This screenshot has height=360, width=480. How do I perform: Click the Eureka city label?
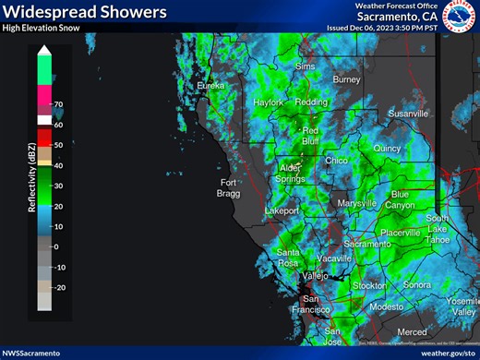pyautogui.click(x=210, y=86)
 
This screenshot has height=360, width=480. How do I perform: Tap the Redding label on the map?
pyautogui.click(x=310, y=102)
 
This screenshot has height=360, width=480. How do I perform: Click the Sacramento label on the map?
pyautogui.click(x=366, y=244)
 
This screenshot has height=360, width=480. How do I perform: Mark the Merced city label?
pyautogui.click(x=412, y=332)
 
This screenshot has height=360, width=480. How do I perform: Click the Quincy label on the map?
pyautogui.click(x=388, y=148)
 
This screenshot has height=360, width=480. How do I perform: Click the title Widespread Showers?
pyautogui.click(x=85, y=12)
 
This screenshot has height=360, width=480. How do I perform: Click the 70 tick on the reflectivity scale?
pyautogui.click(x=58, y=104)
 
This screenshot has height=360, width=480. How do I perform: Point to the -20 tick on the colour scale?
pyautogui.click(x=60, y=288)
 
